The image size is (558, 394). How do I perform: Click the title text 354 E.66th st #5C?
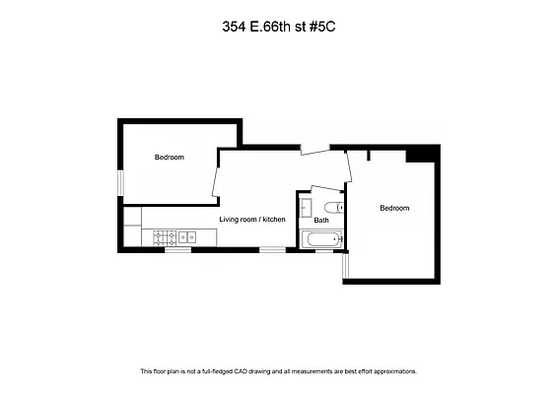278,29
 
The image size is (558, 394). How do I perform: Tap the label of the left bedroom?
169,158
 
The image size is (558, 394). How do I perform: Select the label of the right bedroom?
394,208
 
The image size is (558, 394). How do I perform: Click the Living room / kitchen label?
252,219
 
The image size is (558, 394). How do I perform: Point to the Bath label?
321,220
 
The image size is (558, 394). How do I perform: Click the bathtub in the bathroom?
322,238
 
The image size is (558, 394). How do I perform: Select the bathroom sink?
306,207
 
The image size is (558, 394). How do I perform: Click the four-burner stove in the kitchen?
163,236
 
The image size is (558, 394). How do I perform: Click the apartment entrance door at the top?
314,150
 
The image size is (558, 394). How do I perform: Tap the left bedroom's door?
215,177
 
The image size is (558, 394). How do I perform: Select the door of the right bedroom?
346,168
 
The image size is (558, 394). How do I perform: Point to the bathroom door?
324,190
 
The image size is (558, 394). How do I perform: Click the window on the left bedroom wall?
120,183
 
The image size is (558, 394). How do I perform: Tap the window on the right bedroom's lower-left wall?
345,263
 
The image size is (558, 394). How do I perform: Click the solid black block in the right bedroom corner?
423,154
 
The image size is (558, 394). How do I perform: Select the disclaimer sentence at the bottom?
278,371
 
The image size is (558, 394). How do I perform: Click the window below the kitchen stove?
177,250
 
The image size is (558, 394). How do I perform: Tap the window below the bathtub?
323,250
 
